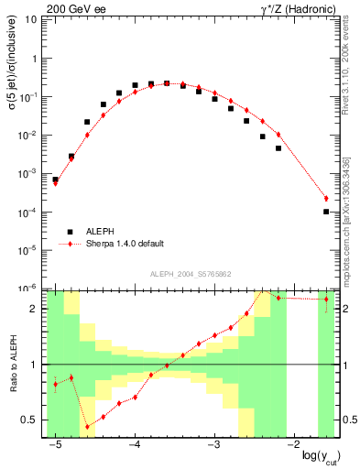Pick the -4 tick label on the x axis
click(134, 442)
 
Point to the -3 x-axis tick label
click(213, 442)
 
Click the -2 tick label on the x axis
click(293, 442)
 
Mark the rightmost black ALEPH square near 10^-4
click(326, 212)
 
